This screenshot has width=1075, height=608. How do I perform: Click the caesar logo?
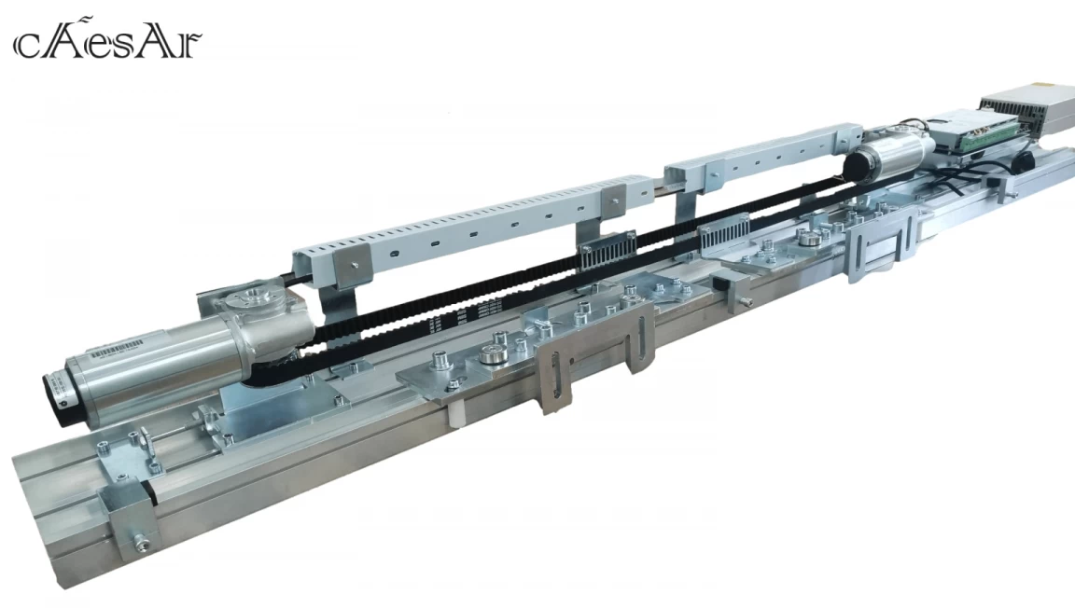107,41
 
